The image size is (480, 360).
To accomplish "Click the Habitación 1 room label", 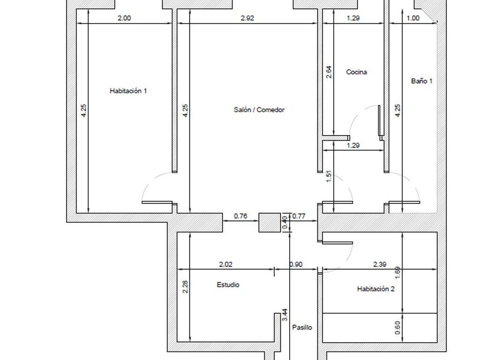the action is [128, 91].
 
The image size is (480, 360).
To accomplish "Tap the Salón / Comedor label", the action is [259, 110].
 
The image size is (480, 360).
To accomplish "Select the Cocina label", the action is [357, 72].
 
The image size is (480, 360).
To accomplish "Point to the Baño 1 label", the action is [422, 81].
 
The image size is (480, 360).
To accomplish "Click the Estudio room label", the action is [228, 285].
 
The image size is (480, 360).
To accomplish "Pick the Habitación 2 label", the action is [376, 289].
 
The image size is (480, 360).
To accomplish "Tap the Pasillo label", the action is [302, 328].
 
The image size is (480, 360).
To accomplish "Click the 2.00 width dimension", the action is [124, 18].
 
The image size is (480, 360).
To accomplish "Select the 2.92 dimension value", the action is [247, 18].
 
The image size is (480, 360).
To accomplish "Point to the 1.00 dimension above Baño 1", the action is [413, 18].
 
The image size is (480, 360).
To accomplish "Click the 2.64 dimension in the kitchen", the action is [329, 72].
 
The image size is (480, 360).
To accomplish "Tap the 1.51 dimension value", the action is [329, 177].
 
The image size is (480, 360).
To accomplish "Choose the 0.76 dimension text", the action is [240, 216].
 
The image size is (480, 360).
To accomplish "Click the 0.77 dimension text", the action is [299, 216].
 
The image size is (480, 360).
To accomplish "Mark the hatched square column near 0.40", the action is [270, 223].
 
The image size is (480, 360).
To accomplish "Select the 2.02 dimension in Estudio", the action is [226, 264].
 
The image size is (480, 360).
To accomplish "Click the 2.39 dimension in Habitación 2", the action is [380, 264].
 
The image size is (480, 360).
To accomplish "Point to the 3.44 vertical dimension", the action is [285, 315].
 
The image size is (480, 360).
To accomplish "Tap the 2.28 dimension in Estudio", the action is [185, 287].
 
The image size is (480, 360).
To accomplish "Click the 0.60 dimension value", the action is [397, 328].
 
